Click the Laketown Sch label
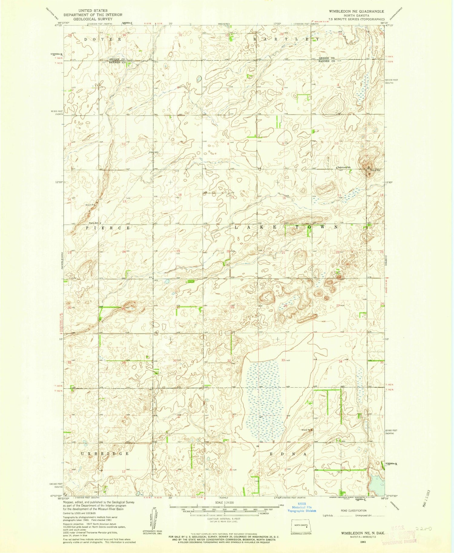[x=344, y=167]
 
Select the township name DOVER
[x=103, y=40]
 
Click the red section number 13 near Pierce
[x=124, y=201]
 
